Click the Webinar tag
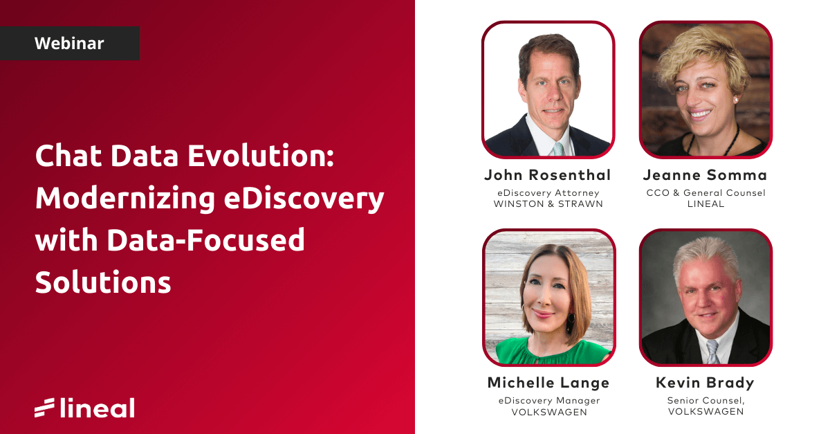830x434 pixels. coord(69,44)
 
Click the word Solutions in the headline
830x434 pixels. coord(103,282)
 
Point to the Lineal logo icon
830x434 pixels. coord(44,408)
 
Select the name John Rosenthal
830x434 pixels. coord(548,174)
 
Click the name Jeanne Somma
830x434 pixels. coord(705,174)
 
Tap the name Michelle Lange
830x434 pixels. coord(548,383)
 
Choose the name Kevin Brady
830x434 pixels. coord(705,383)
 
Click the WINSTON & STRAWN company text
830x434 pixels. coord(548,204)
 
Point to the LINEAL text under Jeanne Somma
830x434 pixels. coord(705,204)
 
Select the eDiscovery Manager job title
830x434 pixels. coord(548,401)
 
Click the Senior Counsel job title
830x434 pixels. coord(705,401)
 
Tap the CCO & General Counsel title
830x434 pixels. coord(705,192)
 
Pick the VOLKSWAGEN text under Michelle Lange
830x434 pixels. coord(548,412)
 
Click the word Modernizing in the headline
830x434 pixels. coord(120,199)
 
